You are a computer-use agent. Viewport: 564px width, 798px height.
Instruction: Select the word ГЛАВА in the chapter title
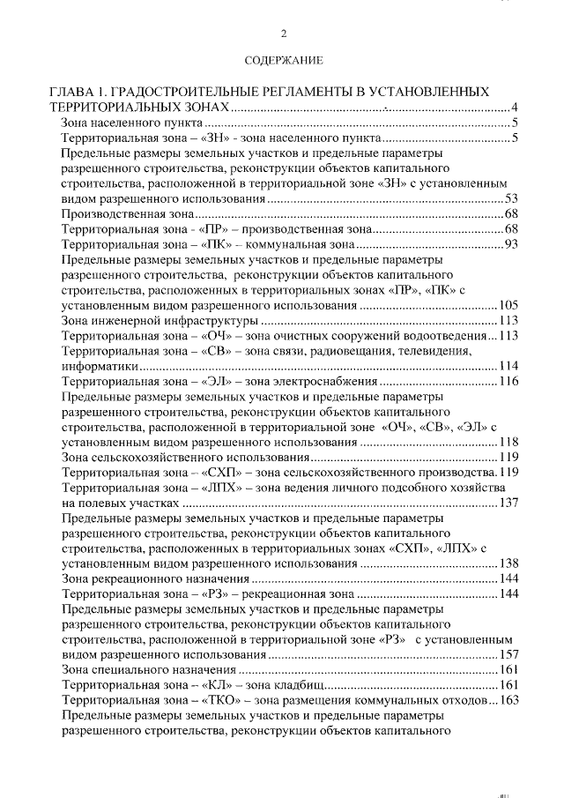(70, 91)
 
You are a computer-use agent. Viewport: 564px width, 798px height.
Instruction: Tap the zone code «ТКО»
(223, 700)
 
